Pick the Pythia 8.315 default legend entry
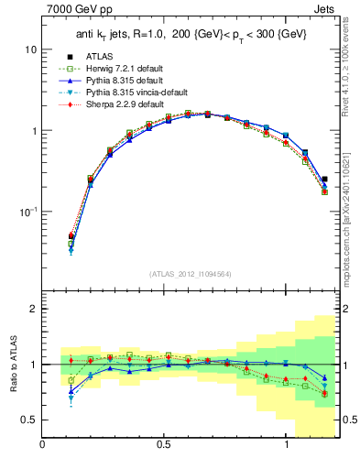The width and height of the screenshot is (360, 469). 123,80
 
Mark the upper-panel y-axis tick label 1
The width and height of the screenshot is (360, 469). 33,130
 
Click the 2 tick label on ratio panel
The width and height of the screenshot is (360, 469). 33,309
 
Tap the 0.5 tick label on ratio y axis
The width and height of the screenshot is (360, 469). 29,420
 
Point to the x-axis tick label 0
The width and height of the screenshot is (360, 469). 42,446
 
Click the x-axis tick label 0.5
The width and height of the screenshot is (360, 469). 163,446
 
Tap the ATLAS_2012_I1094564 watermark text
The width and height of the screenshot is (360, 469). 189,273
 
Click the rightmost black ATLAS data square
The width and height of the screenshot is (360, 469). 325,180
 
